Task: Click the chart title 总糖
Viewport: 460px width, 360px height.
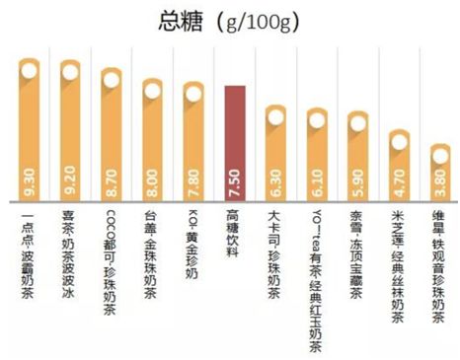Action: pos(178,21)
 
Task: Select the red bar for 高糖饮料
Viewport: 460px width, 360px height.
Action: pos(234,138)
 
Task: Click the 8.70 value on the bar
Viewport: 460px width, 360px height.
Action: pos(111,184)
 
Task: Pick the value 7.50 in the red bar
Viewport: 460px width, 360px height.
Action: pos(234,184)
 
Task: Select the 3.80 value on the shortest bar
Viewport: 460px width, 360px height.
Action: pos(439,184)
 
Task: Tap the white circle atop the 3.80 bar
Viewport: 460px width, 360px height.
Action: pos(439,153)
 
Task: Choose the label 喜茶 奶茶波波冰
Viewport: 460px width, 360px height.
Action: pos(70,242)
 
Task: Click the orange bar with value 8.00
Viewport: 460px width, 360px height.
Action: pos(152,148)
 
